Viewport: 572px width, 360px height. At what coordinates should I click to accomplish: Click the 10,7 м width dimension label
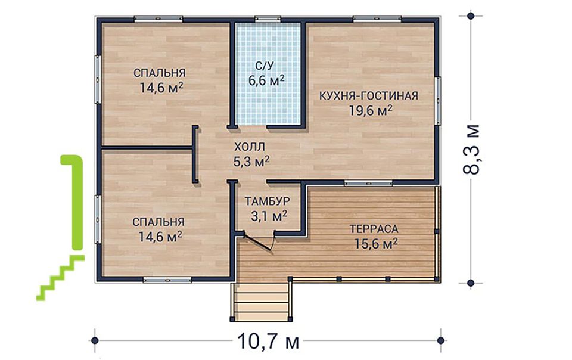click(x=268, y=342)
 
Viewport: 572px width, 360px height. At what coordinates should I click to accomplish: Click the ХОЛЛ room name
click(x=250, y=147)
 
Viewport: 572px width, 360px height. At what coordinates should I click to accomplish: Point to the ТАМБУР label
click(x=268, y=201)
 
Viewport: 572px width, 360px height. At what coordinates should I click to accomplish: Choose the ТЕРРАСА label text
click(x=374, y=229)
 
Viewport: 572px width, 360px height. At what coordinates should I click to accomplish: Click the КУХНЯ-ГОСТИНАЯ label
click(x=369, y=96)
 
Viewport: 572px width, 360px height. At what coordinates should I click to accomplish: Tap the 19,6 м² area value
click(x=371, y=110)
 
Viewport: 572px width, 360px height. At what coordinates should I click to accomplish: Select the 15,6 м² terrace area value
click(x=376, y=243)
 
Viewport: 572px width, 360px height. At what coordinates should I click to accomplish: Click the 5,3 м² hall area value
click(x=251, y=161)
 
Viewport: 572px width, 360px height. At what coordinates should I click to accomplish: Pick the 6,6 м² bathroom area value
click(x=266, y=80)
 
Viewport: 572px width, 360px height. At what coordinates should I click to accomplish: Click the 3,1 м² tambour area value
click(x=269, y=216)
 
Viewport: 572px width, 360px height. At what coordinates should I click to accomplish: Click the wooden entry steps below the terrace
click(x=261, y=301)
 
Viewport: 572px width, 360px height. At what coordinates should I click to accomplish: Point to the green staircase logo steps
click(x=61, y=278)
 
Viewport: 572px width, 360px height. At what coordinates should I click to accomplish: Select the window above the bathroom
click(x=268, y=19)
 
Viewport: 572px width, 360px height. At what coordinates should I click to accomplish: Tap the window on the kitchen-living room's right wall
click(x=437, y=101)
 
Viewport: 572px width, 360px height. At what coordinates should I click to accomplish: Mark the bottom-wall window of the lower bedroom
click(x=167, y=280)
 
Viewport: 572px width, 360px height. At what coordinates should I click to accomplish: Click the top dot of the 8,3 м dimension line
click(x=471, y=16)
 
